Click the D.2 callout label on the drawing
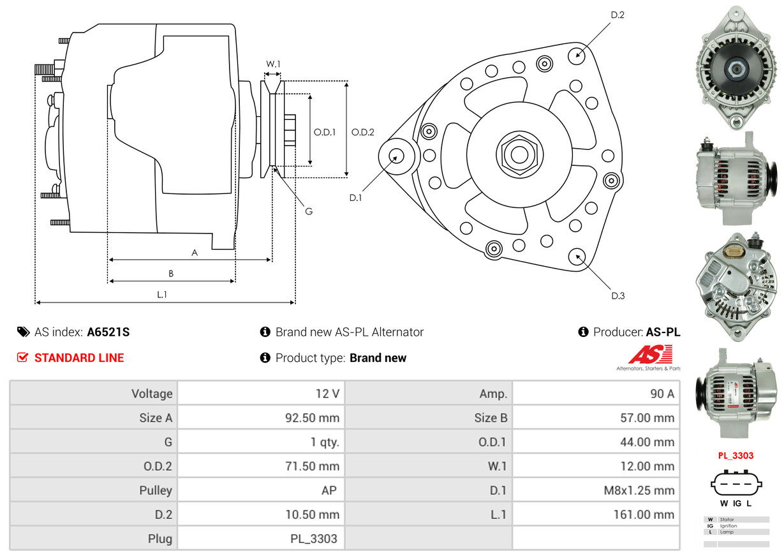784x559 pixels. [x=617, y=15]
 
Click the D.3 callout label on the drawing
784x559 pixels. [x=618, y=295]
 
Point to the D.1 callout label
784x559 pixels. [x=355, y=198]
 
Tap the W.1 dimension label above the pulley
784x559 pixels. [x=273, y=64]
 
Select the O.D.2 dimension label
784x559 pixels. [x=363, y=133]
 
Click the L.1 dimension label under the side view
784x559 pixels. [x=162, y=294]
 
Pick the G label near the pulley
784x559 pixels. [x=308, y=211]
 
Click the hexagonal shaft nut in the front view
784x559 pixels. [x=517, y=154]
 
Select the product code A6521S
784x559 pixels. [x=108, y=332]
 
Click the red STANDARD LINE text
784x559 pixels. [x=79, y=358]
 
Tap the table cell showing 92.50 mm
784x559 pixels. [x=261, y=418]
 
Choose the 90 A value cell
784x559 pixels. [x=596, y=394]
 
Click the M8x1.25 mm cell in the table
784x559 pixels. [x=596, y=491]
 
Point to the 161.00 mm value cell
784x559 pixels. [x=596, y=514]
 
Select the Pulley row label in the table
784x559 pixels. [x=93, y=491]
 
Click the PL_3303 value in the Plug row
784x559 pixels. [x=261, y=539]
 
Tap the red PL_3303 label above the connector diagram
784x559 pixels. [x=736, y=456]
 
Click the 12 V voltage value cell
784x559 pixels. [x=261, y=394]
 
